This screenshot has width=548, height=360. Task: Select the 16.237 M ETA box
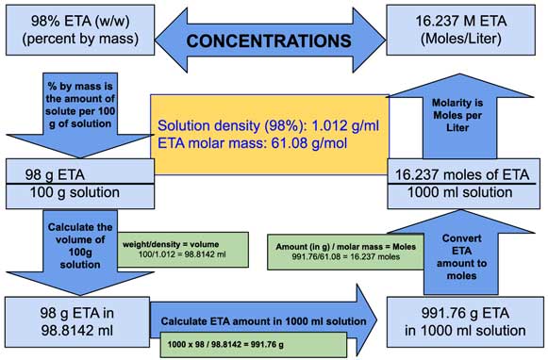click(x=467, y=28)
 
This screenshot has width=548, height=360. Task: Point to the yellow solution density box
click(x=269, y=133)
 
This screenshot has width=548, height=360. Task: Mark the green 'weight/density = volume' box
click(x=174, y=249)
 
